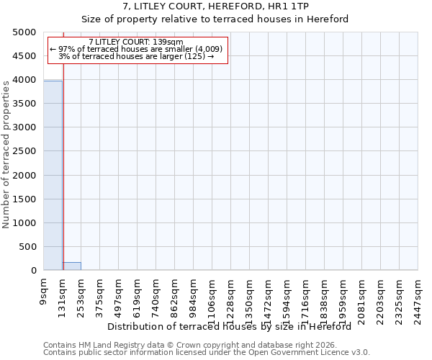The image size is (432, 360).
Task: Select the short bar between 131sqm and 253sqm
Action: (71, 266)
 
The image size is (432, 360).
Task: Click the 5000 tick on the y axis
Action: (26, 32)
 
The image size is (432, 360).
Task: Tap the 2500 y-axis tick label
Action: (26, 152)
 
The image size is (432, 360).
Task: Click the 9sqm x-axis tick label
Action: (44, 292)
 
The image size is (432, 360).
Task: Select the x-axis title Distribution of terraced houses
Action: (234, 327)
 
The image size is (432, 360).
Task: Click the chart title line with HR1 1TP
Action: (216, 6)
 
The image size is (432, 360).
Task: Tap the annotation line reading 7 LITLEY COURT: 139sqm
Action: (136, 42)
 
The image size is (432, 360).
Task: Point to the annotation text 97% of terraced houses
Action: (136, 49)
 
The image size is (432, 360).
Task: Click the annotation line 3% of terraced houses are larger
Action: (136, 56)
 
